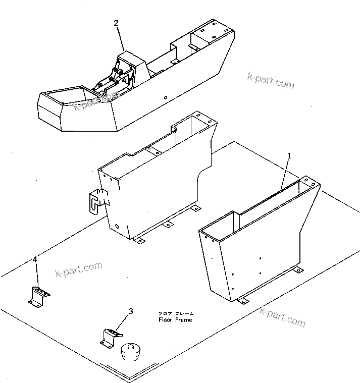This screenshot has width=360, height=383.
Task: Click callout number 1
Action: click(x=289, y=156)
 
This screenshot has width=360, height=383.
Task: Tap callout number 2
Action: click(x=116, y=23)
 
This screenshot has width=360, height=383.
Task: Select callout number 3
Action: click(x=130, y=311)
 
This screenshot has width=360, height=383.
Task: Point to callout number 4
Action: click(x=35, y=259)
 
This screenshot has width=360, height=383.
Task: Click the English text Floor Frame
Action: click(x=175, y=320)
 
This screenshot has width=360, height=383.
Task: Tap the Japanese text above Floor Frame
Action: click(x=175, y=313)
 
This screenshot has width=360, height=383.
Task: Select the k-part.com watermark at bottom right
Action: click(x=282, y=317)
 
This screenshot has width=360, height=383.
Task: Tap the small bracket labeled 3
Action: click(x=111, y=337)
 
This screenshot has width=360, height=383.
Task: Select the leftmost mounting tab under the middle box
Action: click(x=139, y=240)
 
